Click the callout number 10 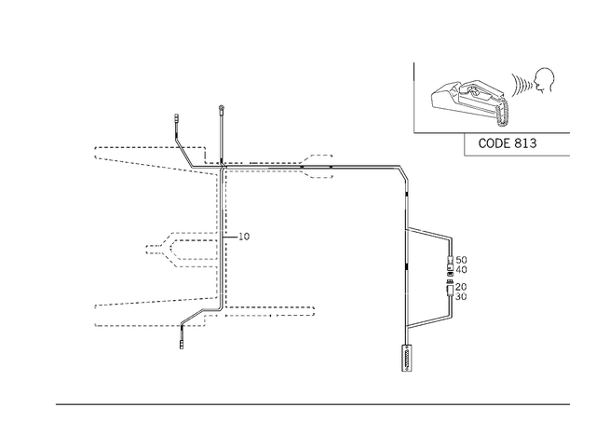244,237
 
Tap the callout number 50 461,260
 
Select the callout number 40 461,269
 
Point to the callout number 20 461,287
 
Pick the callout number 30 461,296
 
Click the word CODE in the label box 494,143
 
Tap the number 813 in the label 525,143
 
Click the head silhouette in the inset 544,80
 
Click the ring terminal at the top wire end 222,109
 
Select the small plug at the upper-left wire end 176,117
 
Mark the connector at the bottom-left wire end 182,345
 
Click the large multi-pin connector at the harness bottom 407,358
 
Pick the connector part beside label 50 451,261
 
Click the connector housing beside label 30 450,292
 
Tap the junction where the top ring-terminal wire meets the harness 222,166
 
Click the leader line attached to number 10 230,237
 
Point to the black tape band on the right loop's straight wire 406,266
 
